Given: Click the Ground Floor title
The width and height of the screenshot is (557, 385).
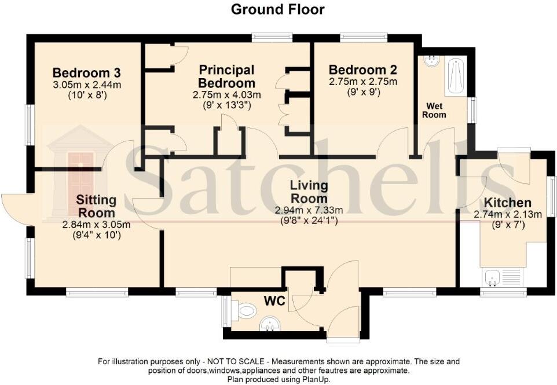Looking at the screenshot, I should [x=278, y=9].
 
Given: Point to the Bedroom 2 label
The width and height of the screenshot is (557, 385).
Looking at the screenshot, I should [x=363, y=69].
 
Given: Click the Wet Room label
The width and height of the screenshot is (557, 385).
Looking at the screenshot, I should [x=436, y=110].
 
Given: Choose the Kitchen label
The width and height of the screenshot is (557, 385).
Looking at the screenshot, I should [x=507, y=203].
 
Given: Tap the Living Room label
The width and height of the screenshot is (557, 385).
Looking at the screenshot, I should [x=309, y=192].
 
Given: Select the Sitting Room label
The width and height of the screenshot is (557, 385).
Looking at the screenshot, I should [x=96, y=206].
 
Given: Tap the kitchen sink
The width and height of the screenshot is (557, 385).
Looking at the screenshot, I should [x=494, y=278].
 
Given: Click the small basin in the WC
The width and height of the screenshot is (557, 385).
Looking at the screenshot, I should [x=269, y=323].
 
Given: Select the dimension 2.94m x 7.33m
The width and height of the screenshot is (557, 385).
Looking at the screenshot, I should [x=309, y=210].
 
